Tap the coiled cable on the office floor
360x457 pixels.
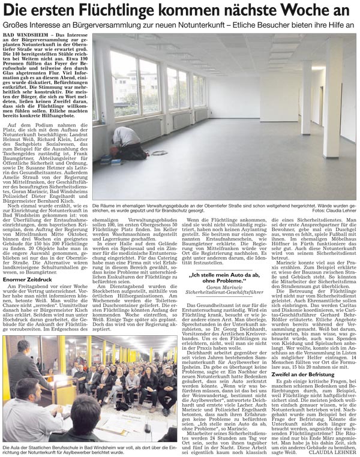pyautogui.click(x=160, y=152)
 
